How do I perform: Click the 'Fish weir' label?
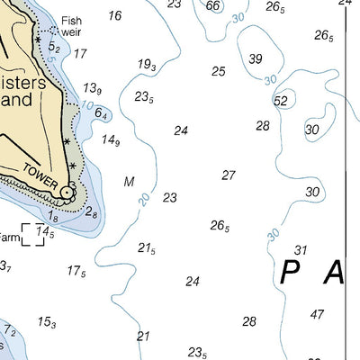[x=71, y=26]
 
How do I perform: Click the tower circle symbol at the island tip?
[x=67, y=192]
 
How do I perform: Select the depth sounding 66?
[x=212, y=6]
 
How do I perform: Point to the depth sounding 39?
[x=256, y=59]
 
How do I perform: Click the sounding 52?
[x=281, y=101]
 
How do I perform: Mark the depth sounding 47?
[x=317, y=314]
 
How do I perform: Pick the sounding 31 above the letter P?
[x=301, y=250]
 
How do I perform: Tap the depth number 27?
[x=229, y=175]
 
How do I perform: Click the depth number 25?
[x=219, y=71]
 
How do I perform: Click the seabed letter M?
[x=130, y=182]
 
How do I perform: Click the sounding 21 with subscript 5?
[x=147, y=248]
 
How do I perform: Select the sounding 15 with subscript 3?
[x=47, y=322]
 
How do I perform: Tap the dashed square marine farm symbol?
[x=32, y=234]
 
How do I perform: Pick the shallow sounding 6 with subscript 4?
[x=102, y=114]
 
